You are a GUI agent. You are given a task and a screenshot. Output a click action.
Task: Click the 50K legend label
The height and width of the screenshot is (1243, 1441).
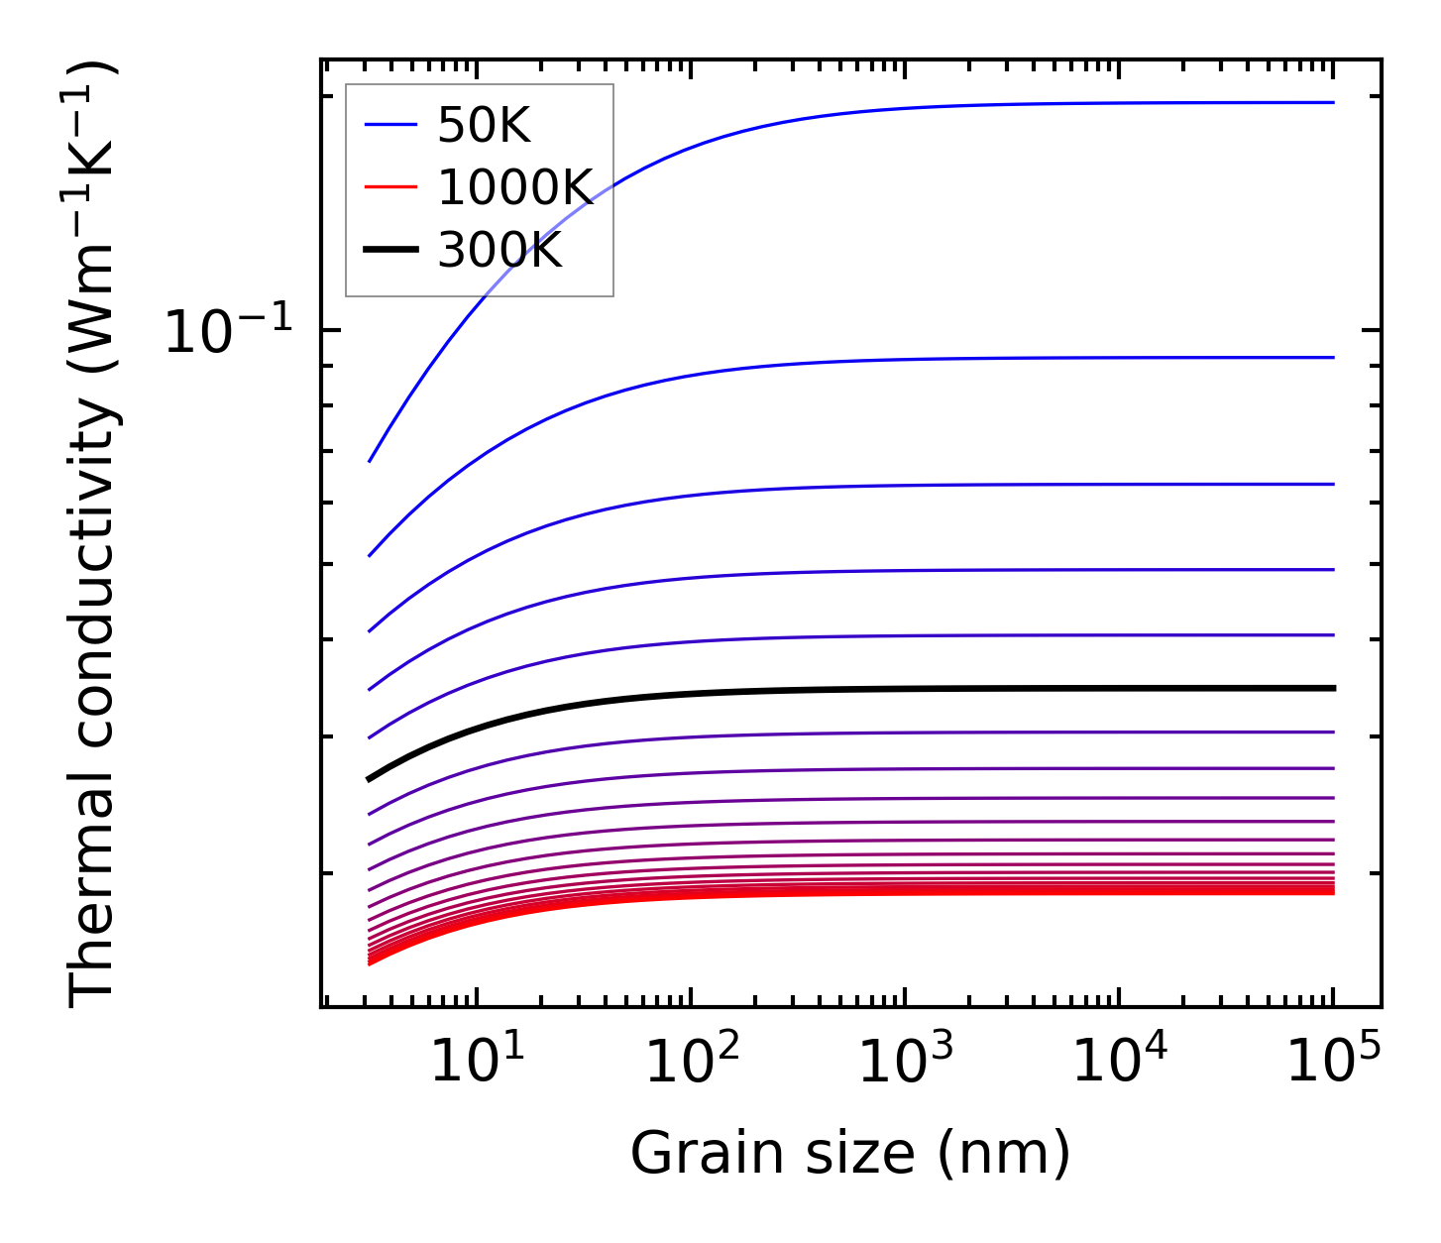(484, 126)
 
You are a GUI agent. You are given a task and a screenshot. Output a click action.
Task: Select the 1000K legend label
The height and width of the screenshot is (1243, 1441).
(514, 188)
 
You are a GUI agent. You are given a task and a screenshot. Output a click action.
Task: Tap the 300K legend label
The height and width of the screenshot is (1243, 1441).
(499, 251)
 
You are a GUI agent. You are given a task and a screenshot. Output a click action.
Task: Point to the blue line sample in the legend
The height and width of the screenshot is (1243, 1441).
(390, 125)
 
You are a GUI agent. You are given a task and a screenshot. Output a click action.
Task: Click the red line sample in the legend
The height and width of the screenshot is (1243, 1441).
(390, 187)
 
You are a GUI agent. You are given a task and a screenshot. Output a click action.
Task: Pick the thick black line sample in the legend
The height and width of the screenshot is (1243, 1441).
(390, 250)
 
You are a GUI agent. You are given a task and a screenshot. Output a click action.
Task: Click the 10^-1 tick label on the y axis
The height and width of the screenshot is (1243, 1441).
(228, 331)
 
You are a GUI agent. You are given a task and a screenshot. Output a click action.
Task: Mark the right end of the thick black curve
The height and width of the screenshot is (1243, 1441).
(1334, 688)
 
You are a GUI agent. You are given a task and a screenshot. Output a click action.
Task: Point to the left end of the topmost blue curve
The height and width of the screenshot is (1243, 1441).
(370, 461)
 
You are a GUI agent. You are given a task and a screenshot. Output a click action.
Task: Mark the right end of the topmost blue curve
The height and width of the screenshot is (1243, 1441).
(1334, 102)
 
